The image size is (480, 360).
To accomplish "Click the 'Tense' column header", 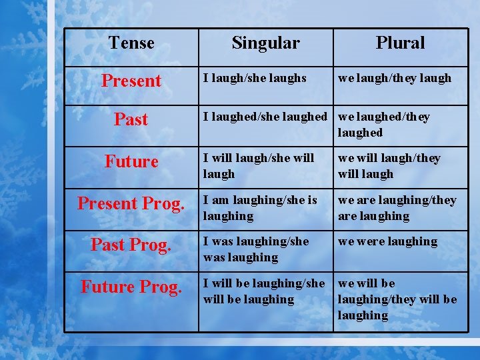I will (x=131, y=43).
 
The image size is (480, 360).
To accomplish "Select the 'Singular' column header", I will (x=265, y=43).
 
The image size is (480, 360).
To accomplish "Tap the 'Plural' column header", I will (x=400, y=43).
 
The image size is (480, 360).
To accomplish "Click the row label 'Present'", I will (x=131, y=81).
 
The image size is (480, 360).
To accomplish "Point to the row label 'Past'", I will (x=131, y=120).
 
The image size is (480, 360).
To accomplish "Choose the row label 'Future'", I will (x=131, y=162).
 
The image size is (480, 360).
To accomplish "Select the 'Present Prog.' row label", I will (x=131, y=203).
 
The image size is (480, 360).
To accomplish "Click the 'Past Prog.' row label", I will (x=131, y=245).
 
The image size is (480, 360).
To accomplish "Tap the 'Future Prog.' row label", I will (x=131, y=287).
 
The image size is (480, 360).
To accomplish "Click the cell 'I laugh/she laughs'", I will (x=255, y=78).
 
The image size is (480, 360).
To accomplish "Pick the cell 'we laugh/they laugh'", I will (x=395, y=78).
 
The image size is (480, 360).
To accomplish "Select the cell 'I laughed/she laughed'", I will (x=265, y=117).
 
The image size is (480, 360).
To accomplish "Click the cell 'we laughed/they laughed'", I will (x=384, y=125).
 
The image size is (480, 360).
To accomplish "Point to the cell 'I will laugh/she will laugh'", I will (x=259, y=166).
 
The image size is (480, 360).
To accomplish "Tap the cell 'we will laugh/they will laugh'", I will (x=389, y=166).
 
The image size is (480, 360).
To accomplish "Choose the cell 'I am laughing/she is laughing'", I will (x=260, y=208).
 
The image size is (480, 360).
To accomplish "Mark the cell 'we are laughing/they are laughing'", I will (x=397, y=208).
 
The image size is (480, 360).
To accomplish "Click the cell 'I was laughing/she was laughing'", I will (x=256, y=249).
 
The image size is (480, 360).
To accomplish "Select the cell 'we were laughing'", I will (x=388, y=241).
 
